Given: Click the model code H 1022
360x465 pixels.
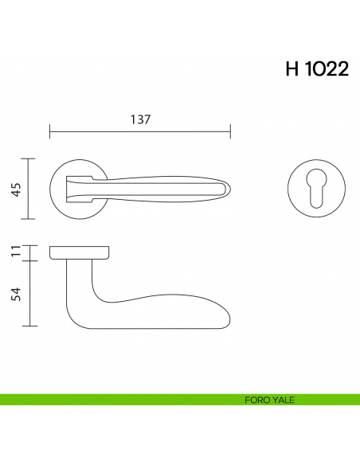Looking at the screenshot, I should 316,69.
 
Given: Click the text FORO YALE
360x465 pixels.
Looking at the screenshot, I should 270,400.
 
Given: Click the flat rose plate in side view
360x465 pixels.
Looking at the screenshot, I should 80,253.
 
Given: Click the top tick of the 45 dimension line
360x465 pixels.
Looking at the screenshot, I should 29,158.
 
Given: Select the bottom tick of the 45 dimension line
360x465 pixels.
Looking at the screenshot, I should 29,218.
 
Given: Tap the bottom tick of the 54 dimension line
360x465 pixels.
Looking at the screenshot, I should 29,326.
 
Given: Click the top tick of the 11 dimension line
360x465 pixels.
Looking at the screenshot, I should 29,246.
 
